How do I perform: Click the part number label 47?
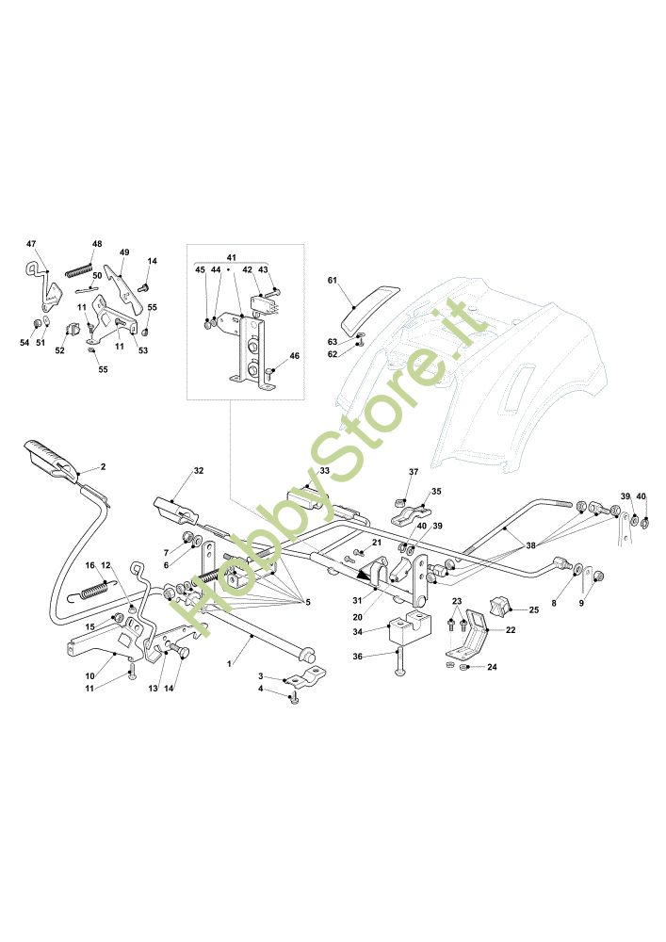30,243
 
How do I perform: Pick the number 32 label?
199,469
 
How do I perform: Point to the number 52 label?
59,350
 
